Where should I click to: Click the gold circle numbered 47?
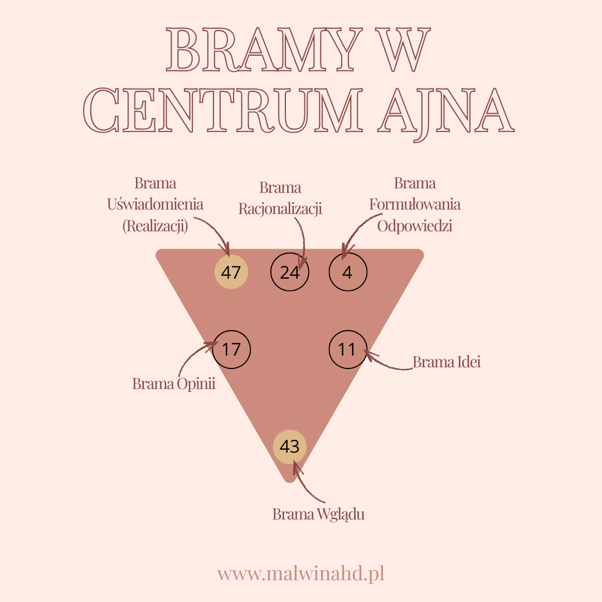click(231, 271)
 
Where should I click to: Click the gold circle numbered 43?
click(290, 446)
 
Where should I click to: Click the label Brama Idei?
click(446, 362)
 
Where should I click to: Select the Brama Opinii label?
click(173, 383)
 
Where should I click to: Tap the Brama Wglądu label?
click(318, 514)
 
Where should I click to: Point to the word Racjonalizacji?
click(280, 209)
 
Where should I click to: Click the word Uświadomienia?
click(155, 204)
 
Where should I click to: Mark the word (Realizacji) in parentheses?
click(155, 226)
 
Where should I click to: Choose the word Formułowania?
click(415, 204)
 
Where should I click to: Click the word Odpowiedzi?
click(415, 226)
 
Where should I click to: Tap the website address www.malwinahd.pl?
click(300, 574)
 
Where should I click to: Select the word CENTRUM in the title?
click(222, 110)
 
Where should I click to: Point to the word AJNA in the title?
click(445, 112)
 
